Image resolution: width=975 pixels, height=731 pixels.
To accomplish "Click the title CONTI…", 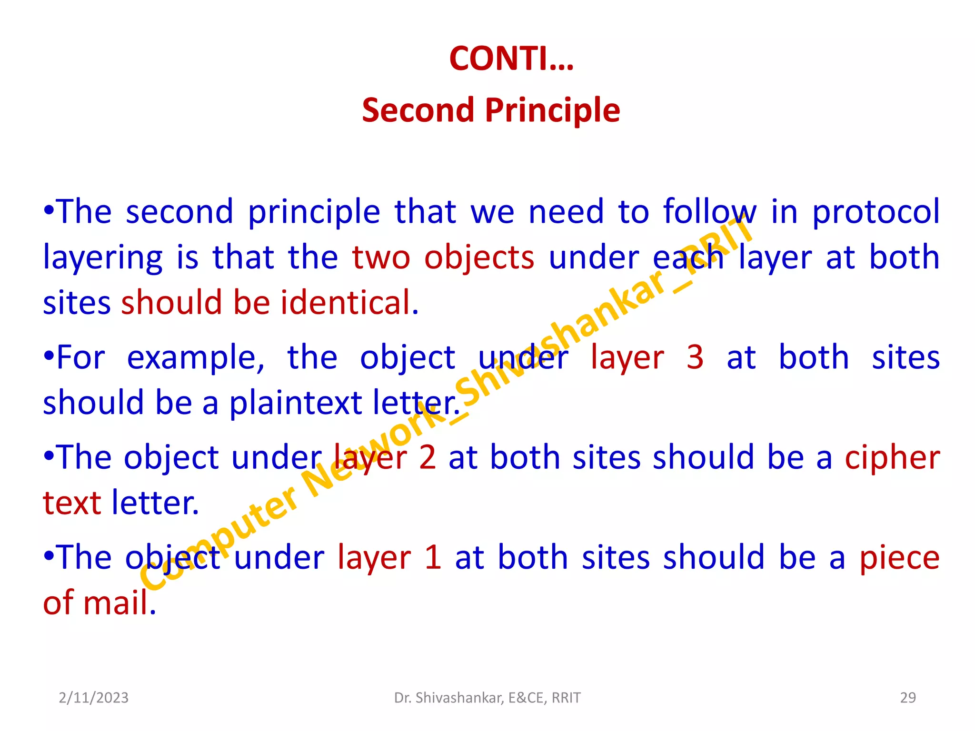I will (511, 59).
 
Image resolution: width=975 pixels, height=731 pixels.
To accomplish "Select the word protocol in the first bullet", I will (876, 212).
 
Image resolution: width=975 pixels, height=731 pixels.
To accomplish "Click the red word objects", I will (479, 258).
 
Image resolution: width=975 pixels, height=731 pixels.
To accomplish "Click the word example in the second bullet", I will (196, 358).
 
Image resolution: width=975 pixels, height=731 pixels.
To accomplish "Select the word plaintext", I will (296, 403).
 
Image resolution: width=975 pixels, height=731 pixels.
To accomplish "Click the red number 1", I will (433, 557).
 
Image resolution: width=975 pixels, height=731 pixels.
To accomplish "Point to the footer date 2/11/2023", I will (94, 698).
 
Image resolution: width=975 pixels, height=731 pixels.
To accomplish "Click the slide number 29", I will (908, 698).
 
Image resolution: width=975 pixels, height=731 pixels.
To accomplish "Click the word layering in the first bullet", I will (103, 258).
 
